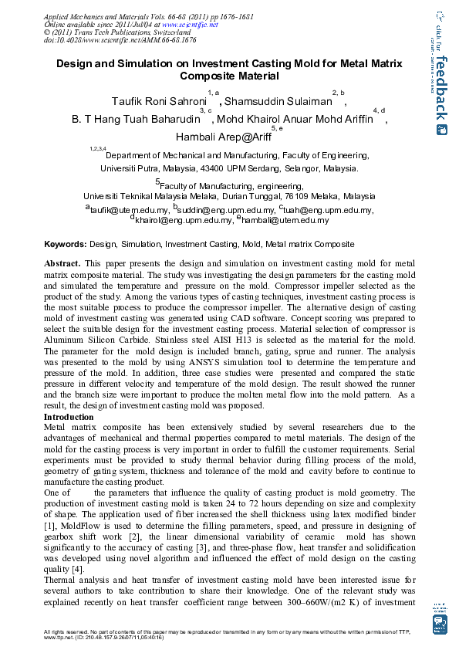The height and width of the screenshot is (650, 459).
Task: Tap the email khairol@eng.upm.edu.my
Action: click(x=183, y=220)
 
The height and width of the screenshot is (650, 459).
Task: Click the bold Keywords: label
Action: click(x=65, y=244)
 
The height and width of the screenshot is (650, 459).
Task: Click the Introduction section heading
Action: click(x=69, y=418)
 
